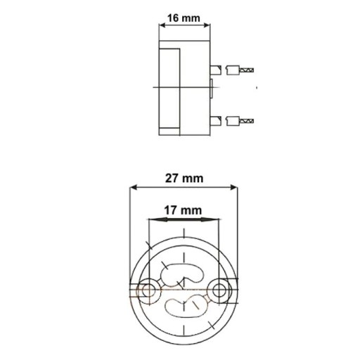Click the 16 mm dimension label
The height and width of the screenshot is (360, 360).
(x=184, y=18)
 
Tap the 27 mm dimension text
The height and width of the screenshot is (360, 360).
(x=184, y=179)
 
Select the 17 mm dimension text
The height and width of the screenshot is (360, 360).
(x=183, y=210)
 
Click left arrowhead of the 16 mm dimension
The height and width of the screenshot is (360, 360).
(x=162, y=25)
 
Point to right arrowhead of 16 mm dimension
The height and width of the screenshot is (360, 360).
(x=207, y=25)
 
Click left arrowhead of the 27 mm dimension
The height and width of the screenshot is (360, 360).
(x=134, y=187)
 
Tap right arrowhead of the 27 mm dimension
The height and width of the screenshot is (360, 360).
(x=234, y=187)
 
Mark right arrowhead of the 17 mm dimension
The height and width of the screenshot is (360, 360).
(x=210, y=219)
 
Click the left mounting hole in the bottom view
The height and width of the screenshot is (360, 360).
(x=148, y=291)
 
